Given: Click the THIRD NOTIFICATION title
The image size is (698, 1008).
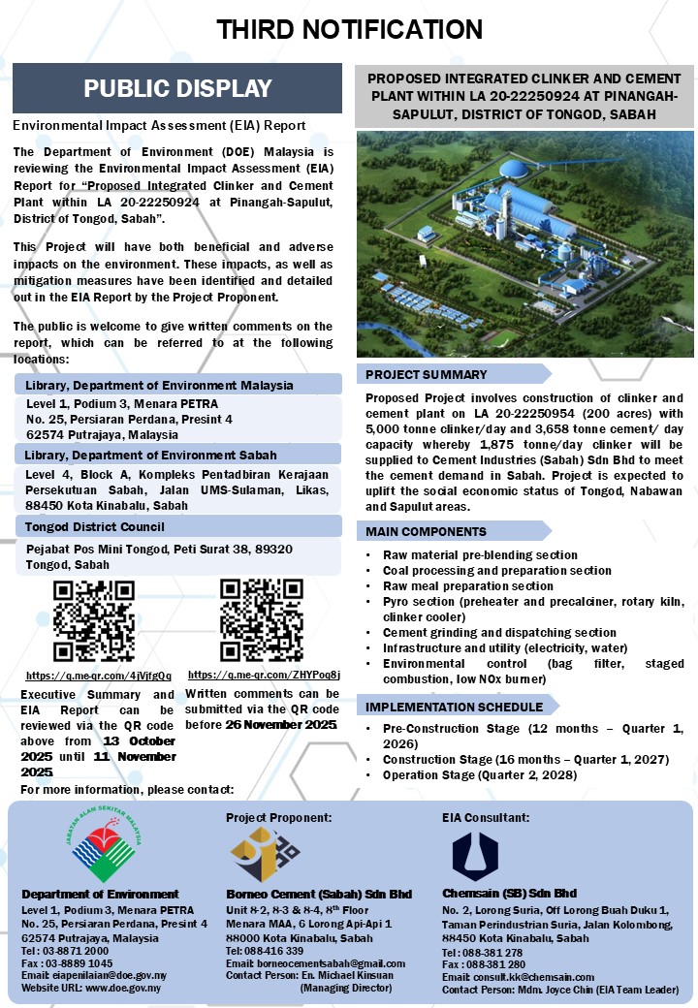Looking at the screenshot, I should coord(349,29).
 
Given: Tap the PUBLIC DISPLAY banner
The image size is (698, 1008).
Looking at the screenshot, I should coord(177,88).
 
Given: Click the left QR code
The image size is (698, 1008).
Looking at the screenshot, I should coord(93,621).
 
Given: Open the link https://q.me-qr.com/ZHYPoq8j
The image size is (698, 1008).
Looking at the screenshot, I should coord(264,675).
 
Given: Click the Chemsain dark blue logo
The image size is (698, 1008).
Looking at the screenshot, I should coord(475,853).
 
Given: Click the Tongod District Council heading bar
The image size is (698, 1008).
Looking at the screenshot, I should coord(177,526).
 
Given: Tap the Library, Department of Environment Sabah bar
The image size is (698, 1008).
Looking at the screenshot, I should coord(177,455).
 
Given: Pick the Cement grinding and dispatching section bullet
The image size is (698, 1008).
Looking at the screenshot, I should coord(499,632).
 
